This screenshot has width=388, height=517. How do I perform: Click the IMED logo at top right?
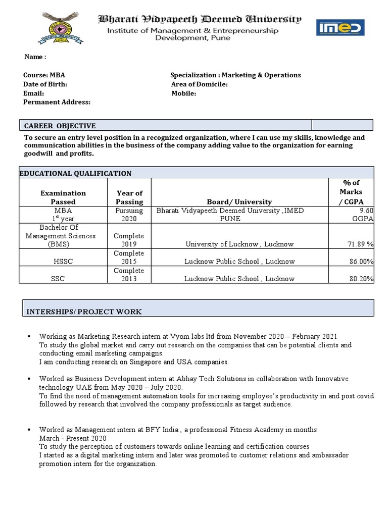click(339, 28)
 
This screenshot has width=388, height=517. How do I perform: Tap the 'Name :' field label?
click(35, 57)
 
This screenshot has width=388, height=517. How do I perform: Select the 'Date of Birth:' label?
click(45, 84)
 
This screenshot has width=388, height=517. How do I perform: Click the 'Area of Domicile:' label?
click(199, 84)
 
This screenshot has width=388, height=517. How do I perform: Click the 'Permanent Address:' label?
click(57, 102)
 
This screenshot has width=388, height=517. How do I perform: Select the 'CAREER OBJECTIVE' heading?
click(60, 126)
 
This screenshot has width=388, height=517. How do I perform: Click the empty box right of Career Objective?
click(342, 125)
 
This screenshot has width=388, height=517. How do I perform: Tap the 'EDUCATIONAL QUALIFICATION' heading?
click(75, 173)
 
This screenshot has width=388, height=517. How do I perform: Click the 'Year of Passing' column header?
click(129, 197)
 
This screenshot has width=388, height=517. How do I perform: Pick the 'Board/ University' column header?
click(239, 201)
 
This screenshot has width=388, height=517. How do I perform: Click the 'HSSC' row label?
click(63, 262)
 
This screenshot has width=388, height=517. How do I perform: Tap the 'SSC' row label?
click(63, 279)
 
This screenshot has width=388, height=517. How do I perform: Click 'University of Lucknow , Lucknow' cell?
click(240, 244)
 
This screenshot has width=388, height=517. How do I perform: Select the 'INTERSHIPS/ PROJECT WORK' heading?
click(84, 312)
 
